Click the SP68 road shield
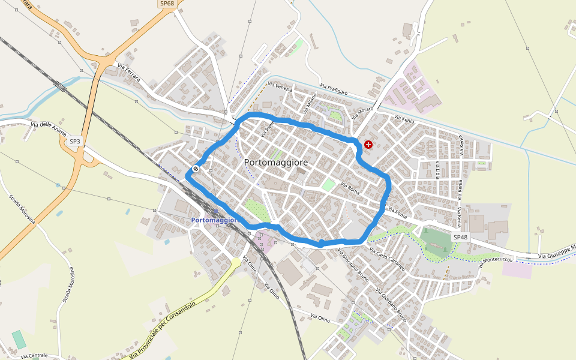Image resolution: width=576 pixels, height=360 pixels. [x=167, y=4]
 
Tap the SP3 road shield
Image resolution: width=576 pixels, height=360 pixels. [x=74, y=142]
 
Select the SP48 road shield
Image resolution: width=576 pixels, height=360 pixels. [x=460, y=238]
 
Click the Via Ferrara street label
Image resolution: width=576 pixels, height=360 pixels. [x=129, y=73]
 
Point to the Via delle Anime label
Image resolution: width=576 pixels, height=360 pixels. [x=48, y=129]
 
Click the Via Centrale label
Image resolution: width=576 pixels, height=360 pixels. [x=34, y=356]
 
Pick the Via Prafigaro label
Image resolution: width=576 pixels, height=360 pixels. [x=334, y=89]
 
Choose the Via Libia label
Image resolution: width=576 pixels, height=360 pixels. [x=438, y=170]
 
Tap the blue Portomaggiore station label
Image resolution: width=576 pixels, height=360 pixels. [x=215, y=220]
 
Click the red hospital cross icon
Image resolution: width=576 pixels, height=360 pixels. [x=368, y=145]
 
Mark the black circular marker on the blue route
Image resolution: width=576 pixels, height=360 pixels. [x=196, y=169]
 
